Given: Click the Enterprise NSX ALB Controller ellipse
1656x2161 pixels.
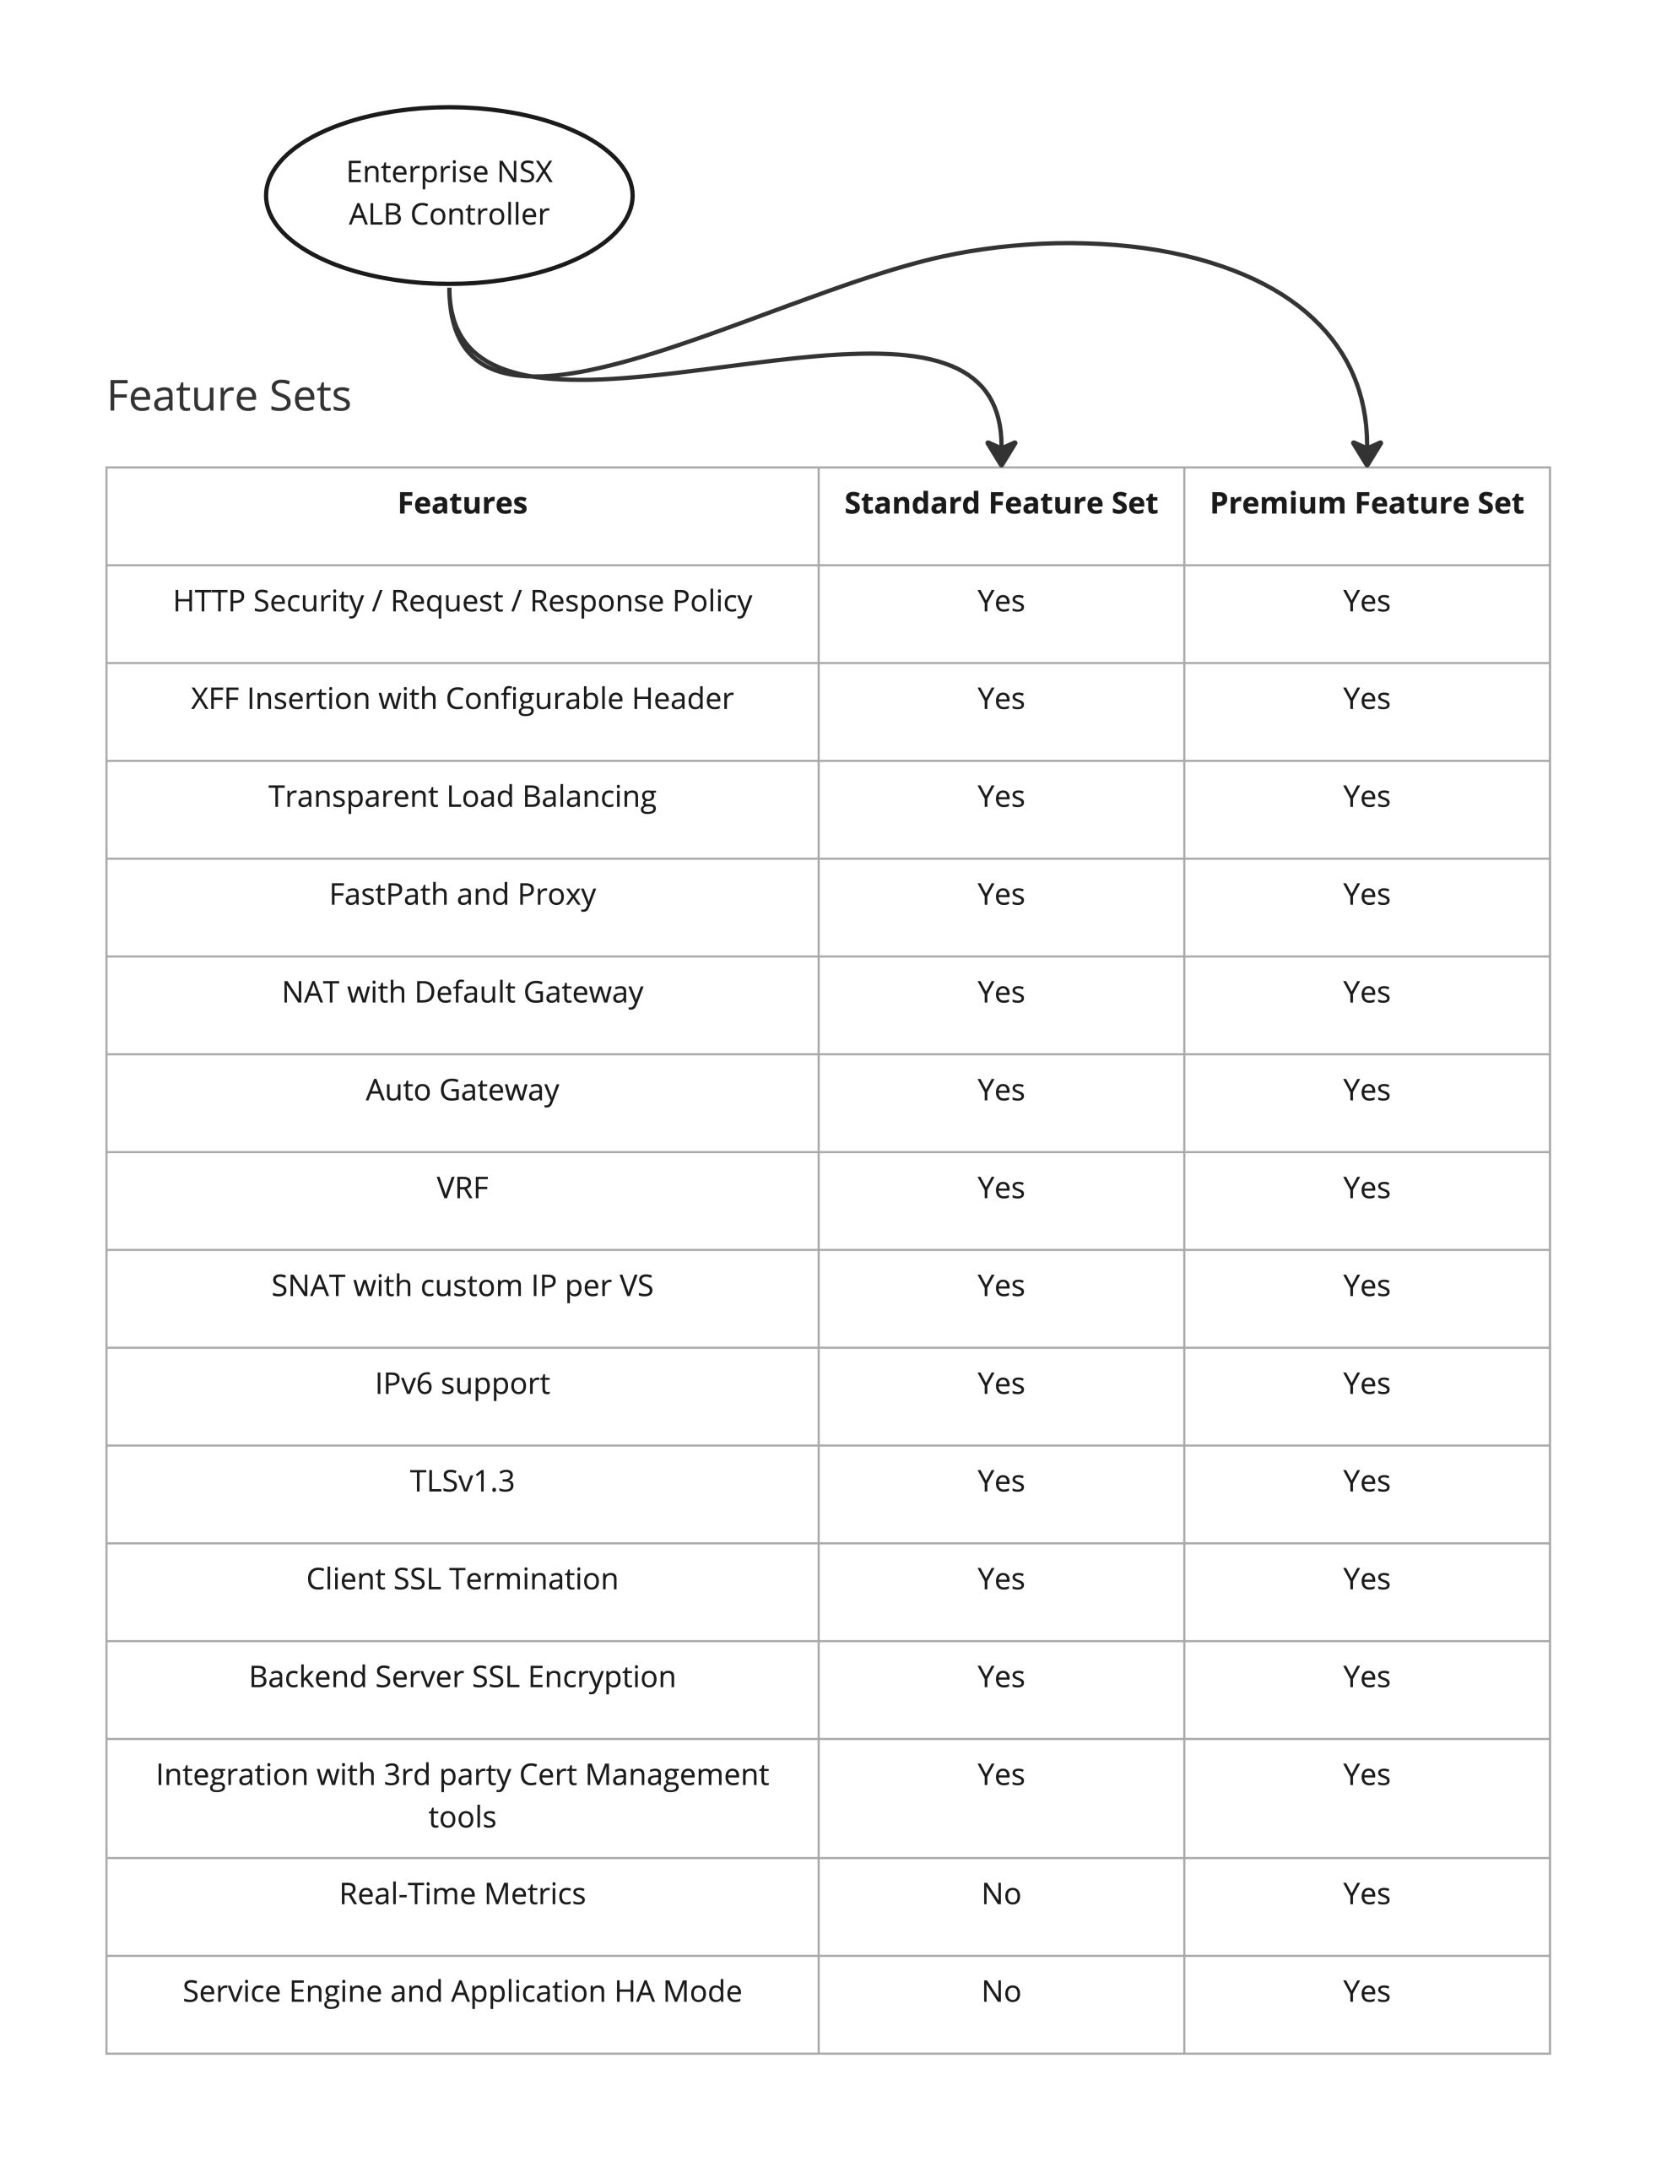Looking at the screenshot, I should [448, 194].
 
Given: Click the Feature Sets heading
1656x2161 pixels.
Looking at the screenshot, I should [229, 396].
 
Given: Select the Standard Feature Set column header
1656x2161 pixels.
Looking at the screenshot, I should [1000, 504].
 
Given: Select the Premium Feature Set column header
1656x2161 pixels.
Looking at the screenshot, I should [1366, 504].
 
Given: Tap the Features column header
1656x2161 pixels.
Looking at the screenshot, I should [463, 504].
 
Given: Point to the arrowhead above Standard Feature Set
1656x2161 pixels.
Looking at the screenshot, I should [1002, 454].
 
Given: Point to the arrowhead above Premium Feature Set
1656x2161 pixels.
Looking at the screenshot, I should [1367, 454].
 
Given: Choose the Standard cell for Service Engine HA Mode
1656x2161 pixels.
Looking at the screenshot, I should [1000, 1991].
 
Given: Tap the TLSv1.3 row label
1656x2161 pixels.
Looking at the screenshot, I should [463, 1481].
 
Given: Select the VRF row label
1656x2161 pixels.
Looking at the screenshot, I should [463, 1188].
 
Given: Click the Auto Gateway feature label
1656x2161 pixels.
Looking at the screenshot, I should [463, 1091].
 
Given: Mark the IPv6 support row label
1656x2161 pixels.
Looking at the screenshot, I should [463, 1384].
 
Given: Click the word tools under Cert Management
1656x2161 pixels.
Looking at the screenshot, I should [463, 1817].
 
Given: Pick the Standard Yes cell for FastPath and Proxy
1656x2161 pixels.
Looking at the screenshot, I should [1000, 894].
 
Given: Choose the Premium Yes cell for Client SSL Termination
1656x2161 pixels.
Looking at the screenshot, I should [1366, 1579].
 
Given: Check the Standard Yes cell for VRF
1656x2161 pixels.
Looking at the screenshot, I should [1000, 1188].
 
